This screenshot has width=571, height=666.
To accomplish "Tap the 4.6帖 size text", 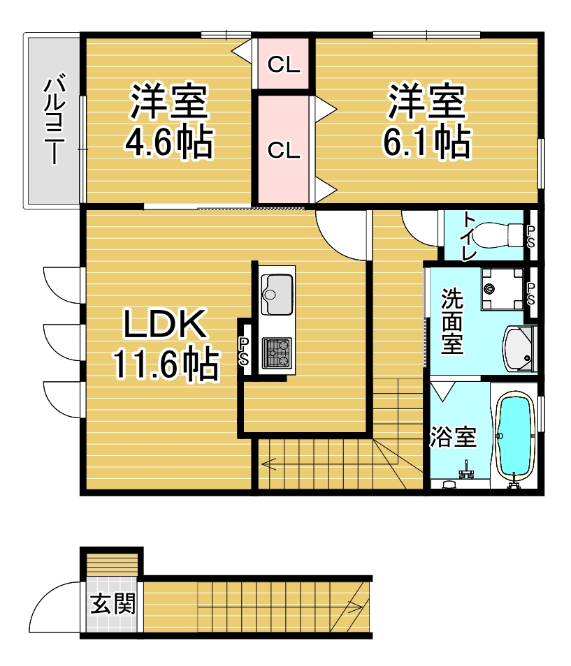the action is click(x=169, y=142).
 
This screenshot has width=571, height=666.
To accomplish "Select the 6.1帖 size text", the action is click(x=427, y=142).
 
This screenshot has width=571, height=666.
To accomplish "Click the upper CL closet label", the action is click(x=284, y=64).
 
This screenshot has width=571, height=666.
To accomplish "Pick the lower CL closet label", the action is click(x=284, y=150).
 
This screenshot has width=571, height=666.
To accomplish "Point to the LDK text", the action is click(x=166, y=324).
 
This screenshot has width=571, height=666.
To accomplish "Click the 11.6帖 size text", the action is click(x=166, y=364).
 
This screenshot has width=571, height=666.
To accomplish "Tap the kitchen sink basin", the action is click(x=277, y=294).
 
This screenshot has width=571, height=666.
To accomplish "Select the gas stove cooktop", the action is click(x=277, y=353).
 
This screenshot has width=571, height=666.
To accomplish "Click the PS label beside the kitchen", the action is click(x=244, y=352).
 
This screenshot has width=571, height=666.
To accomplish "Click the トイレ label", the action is click(x=469, y=236).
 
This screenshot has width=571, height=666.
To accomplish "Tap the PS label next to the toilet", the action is click(x=531, y=237).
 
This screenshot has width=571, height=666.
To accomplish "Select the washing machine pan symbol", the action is click(x=502, y=289).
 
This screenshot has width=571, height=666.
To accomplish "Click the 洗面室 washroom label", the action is click(x=451, y=322).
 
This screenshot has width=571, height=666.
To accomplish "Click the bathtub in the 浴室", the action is click(x=515, y=436).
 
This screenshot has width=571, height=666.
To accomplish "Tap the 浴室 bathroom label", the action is click(x=452, y=436).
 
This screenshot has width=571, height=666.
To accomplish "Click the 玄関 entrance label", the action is click(x=113, y=603).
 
